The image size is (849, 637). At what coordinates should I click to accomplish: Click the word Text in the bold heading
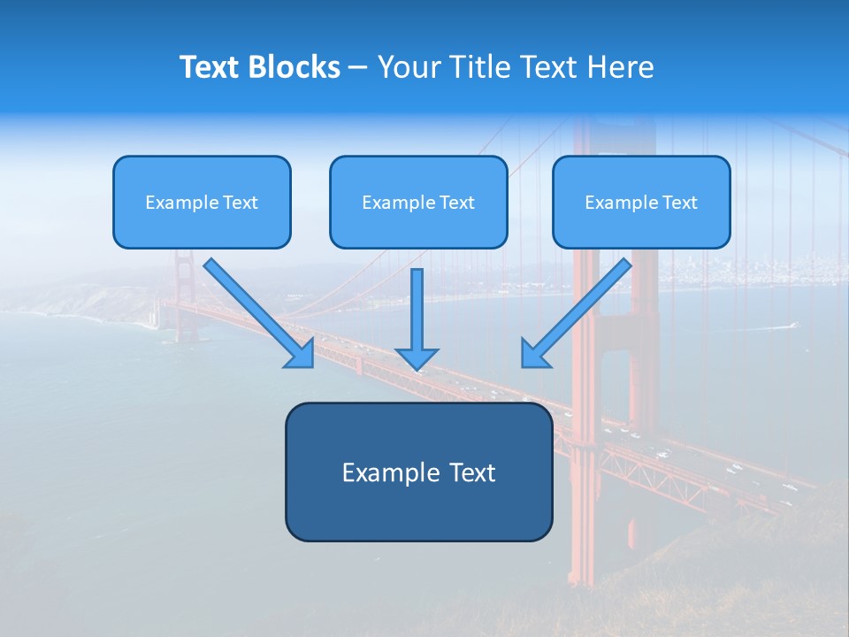click(x=210, y=67)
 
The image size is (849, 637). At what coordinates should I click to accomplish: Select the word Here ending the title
click(x=623, y=67)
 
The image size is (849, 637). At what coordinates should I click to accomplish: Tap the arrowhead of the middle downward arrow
click(x=417, y=358)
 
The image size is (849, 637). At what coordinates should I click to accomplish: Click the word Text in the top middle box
click(x=456, y=203)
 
